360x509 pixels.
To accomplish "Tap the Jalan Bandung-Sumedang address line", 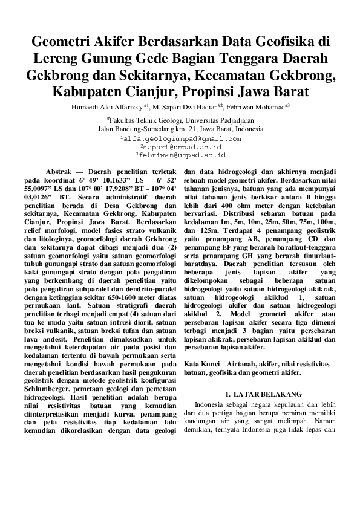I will [180, 129].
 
